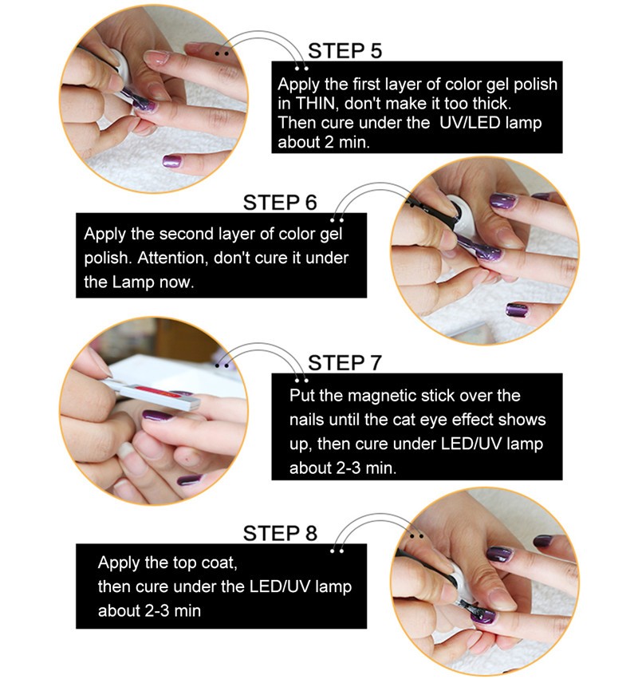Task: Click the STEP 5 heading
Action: [x=345, y=50]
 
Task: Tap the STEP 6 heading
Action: [x=280, y=202]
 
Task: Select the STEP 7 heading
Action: [x=345, y=363]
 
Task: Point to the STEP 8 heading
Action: [x=280, y=533]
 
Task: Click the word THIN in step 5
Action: [x=316, y=104]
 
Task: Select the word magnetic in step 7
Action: [x=377, y=397]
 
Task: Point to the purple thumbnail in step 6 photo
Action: [x=517, y=310]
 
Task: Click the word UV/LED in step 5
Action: [x=469, y=123]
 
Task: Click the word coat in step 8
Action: [x=219, y=563]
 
